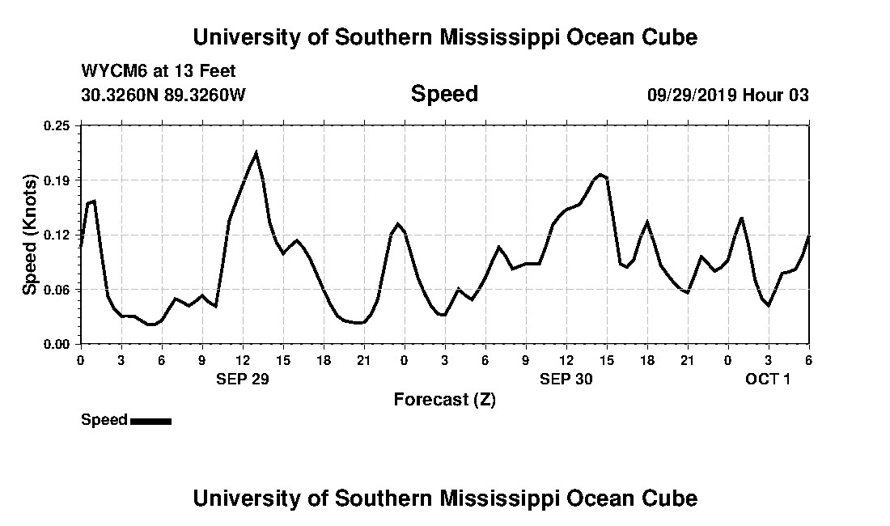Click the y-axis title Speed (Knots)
[x=30, y=235]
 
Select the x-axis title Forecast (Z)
[x=444, y=400]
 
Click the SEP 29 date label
[x=242, y=379]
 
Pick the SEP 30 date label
[x=566, y=379]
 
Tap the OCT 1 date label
[x=767, y=379]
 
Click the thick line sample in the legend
[x=150, y=421]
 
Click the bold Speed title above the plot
[x=444, y=94]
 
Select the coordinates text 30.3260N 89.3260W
[x=163, y=95]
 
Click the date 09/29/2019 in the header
[x=692, y=95]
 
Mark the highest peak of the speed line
[x=256, y=152]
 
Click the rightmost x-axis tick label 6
[x=808, y=359]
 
